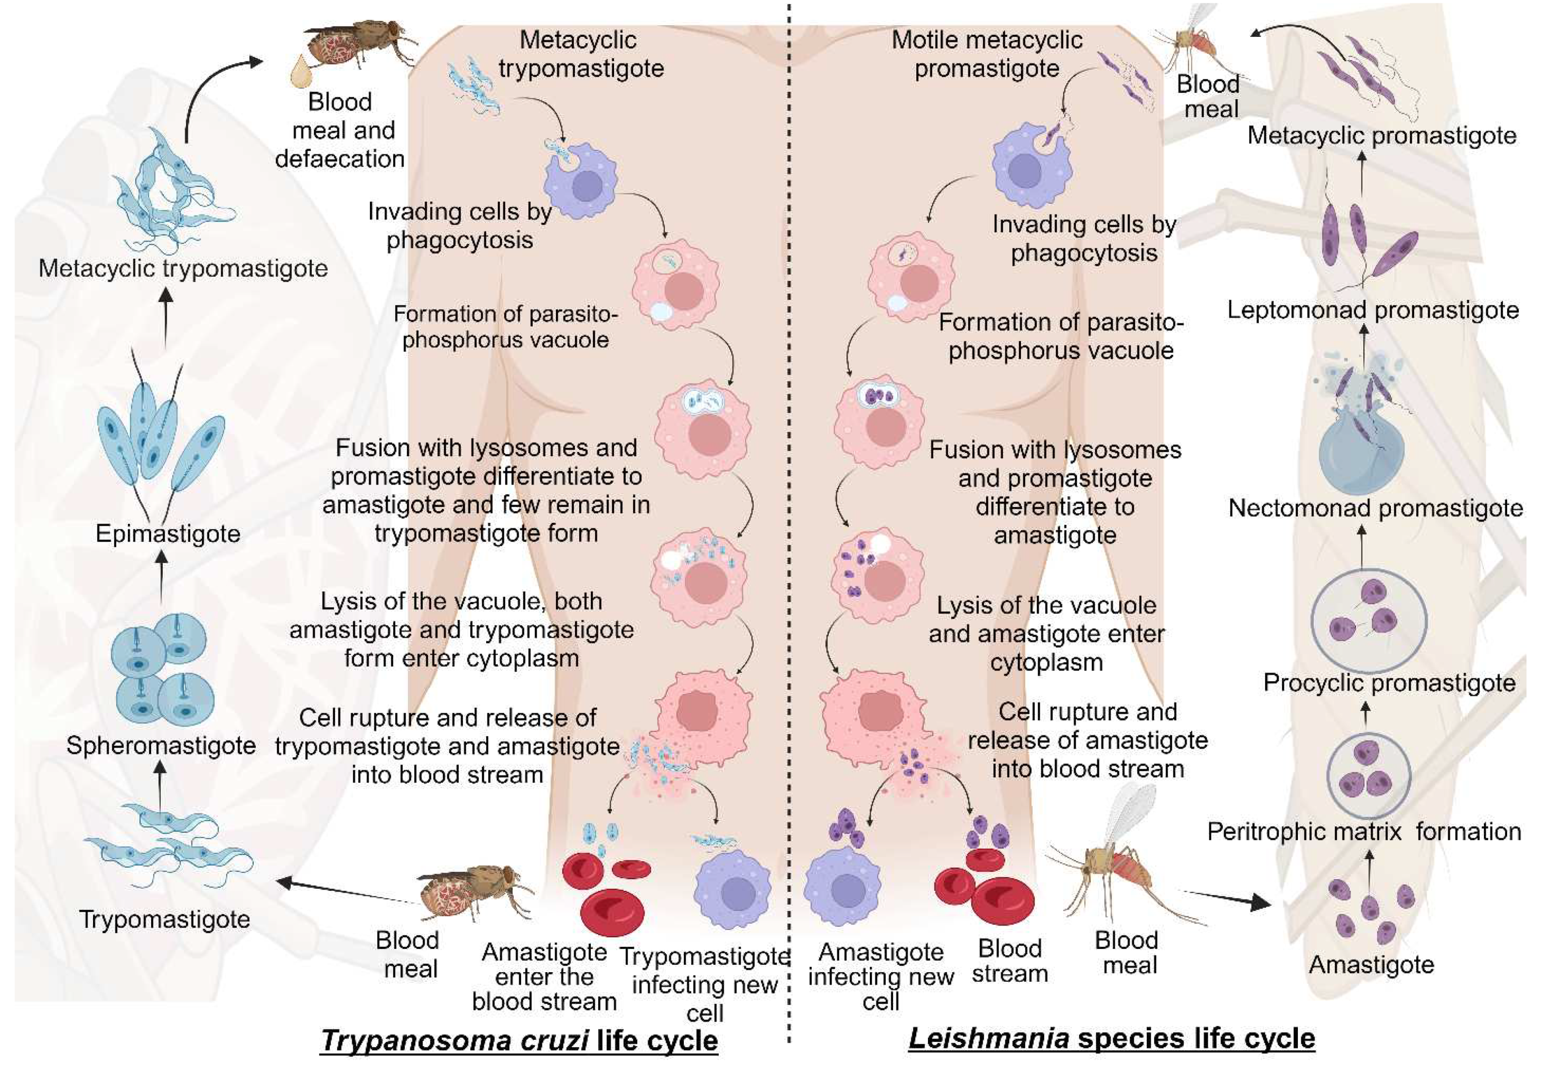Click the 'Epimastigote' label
(x=168, y=534)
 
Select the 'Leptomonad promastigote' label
(x=1373, y=310)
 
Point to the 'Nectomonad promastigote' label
(x=1375, y=509)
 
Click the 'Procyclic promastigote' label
(x=1389, y=683)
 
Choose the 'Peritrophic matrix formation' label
(x=1364, y=832)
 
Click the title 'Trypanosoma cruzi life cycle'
(x=519, y=1040)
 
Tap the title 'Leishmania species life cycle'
(x=1111, y=1038)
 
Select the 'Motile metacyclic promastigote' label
(x=987, y=54)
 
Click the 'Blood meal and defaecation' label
(x=340, y=130)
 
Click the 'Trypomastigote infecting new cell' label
(x=705, y=984)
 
